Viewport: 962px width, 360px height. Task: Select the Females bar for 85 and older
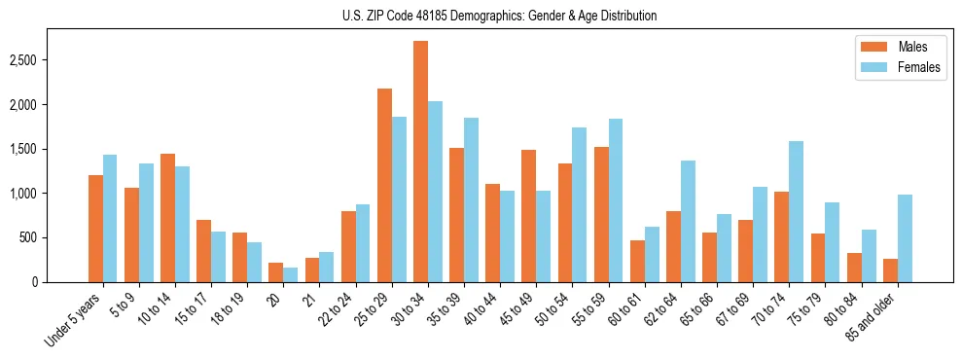tap(905, 238)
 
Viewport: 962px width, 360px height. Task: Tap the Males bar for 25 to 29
tap(384, 185)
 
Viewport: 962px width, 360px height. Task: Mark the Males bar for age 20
tap(276, 272)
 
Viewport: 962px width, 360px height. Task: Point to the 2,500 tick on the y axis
tap(50, 60)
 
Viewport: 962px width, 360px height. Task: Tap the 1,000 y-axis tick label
tap(50, 194)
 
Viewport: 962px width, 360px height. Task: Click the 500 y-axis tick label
tap(56, 237)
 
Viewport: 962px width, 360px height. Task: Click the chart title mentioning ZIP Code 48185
tap(499, 16)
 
